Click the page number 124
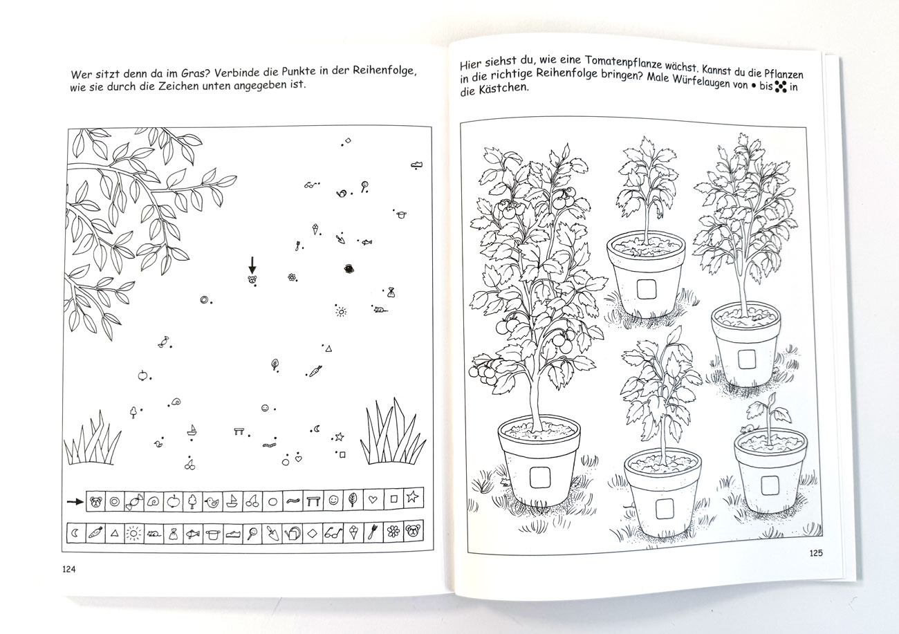click(x=68, y=569)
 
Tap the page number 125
click(x=816, y=553)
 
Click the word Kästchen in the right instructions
click(x=505, y=88)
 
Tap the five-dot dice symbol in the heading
click(x=781, y=86)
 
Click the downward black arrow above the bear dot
click(x=252, y=265)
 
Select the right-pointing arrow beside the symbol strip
click(x=75, y=501)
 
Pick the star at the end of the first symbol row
click(x=412, y=497)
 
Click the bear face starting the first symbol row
click(x=96, y=501)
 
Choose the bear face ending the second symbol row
click(x=413, y=531)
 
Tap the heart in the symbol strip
click(x=373, y=500)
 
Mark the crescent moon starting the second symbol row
click(x=75, y=533)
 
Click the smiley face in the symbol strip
click(x=333, y=500)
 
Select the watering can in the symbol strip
click(x=293, y=533)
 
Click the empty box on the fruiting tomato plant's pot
click(x=539, y=478)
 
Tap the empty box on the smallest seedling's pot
click(x=770, y=485)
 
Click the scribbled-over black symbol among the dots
click(x=349, y=269)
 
